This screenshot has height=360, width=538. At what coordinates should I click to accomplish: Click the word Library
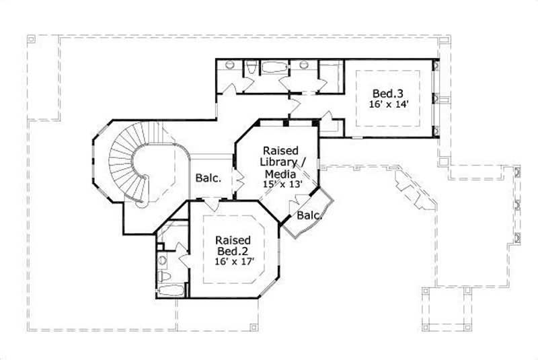[x=281, y=161]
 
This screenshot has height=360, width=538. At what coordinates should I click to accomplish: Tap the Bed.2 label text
[x=233, y=250]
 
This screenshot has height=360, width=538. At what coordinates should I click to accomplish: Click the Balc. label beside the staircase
[x=209, y=179]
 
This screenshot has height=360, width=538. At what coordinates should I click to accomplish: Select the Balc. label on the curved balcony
[x=308, y=215]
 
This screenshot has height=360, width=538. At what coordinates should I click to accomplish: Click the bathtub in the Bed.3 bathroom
[x=273, y=67]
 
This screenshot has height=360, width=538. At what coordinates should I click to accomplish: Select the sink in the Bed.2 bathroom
[x=161, y=258]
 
